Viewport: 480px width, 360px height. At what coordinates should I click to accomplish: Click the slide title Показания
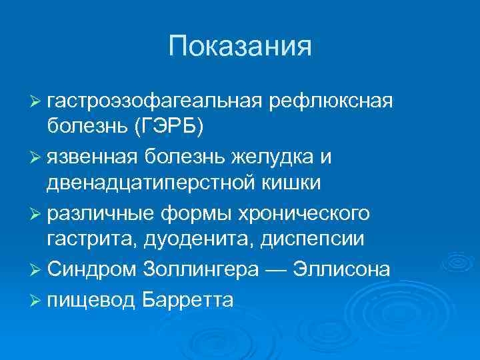pos(240,47)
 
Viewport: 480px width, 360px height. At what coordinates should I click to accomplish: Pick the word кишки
pos(296,182)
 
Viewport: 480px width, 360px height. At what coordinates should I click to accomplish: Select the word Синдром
pos(91,269)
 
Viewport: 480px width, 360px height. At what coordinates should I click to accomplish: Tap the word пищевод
pos(91,299)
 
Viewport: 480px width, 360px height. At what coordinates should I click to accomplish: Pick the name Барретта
pos(189,299)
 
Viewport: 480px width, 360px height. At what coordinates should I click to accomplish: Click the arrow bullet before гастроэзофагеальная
pos(36,102)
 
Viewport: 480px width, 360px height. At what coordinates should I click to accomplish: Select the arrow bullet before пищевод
pos(36,300)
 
